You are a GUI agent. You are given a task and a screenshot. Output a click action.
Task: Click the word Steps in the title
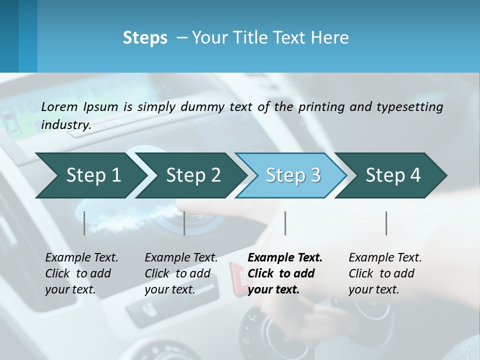click(x=145, y=38)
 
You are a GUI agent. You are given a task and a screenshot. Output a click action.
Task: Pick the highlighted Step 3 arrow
click(x=293, y=175)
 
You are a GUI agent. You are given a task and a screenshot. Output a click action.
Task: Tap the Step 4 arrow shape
click(x=393, y=175)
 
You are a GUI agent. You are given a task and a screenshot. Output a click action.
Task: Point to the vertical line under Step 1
click(x=84, y=223)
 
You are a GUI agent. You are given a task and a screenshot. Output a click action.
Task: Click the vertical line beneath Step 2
click(x=184, y=223)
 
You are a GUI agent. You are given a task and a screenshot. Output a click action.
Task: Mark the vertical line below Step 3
click(x=285, y=223)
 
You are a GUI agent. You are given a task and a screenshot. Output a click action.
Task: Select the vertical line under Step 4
click(x=386, y=223)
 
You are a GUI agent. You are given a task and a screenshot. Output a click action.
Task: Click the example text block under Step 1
click(x=81, y=273)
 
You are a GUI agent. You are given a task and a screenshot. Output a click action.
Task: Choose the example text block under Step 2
click(x=180, y=273)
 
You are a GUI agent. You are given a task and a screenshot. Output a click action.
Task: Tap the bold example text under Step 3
click(x=284, y=273)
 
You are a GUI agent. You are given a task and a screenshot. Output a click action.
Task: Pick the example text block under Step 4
click(x=384, y=273)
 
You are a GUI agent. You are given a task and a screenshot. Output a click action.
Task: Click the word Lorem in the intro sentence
click(x=59, y=106)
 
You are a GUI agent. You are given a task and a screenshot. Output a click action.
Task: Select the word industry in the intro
click(x=66, y=124)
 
